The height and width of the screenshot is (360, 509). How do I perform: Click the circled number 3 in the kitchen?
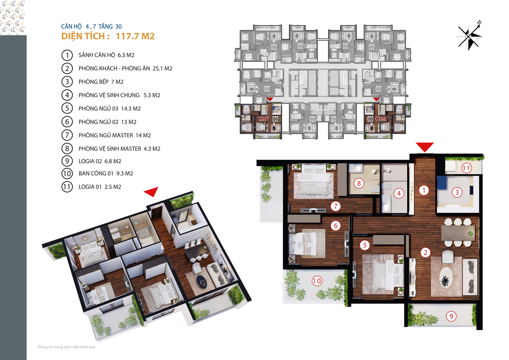pos(457,193)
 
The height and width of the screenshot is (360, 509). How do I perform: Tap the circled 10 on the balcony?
pos(317,281)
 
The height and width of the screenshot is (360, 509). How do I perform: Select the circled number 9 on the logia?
pos(451,316)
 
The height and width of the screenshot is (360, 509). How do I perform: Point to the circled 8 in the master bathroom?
pos(359,183)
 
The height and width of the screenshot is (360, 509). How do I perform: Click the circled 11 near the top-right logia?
pos(467,168)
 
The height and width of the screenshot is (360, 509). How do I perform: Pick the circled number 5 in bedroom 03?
pos(365,245)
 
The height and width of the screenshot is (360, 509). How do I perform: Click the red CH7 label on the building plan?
pos(263,119)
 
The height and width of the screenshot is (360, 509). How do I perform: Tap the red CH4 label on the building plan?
pos(380,119)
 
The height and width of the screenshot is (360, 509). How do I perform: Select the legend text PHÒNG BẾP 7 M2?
pos(101,82)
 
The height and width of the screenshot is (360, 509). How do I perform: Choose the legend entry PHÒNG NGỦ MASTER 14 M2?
pos(115,135)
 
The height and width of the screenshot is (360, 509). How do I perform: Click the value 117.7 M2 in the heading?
pos(135,36)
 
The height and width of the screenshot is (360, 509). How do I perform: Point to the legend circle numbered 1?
pos(67,55)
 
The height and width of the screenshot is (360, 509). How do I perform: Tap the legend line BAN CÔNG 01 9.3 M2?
pos(106,173)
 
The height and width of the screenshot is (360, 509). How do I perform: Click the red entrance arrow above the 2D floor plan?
pos(425,147)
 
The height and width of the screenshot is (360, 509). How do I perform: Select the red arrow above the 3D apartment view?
pos(152,191)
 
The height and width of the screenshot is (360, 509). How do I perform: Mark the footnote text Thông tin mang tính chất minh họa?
pos(66,347)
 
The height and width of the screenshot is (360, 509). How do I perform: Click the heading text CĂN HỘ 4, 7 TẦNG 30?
pos(91,27)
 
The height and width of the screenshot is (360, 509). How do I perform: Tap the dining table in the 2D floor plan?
pos(458,233)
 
